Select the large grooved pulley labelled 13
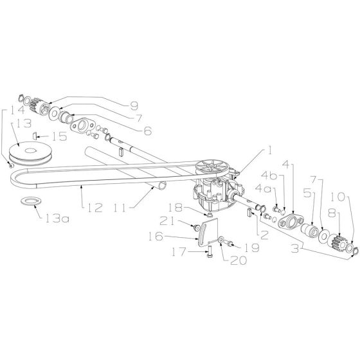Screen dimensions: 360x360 coord(30,153)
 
